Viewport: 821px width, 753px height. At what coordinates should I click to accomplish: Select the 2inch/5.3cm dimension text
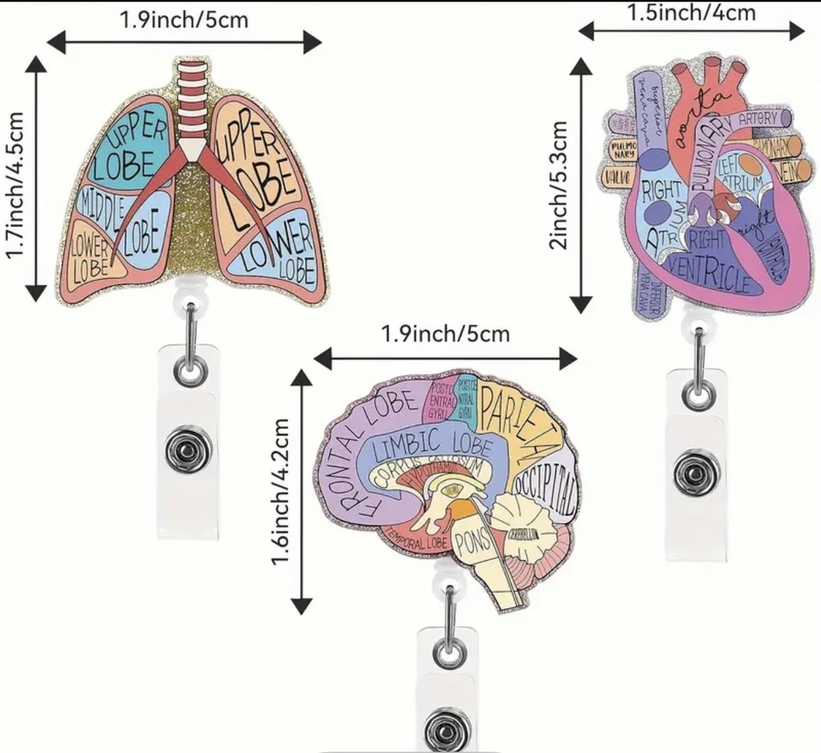[560, 185]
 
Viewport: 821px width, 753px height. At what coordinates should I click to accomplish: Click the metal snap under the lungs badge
[189, 450]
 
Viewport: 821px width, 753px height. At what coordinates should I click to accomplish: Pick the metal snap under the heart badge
[696, 473]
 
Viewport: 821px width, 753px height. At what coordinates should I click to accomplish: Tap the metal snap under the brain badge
[447, 729]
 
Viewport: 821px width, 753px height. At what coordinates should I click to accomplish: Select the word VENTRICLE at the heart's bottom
[707, 277]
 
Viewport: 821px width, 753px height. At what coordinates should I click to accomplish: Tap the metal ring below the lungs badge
[191, 368]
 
